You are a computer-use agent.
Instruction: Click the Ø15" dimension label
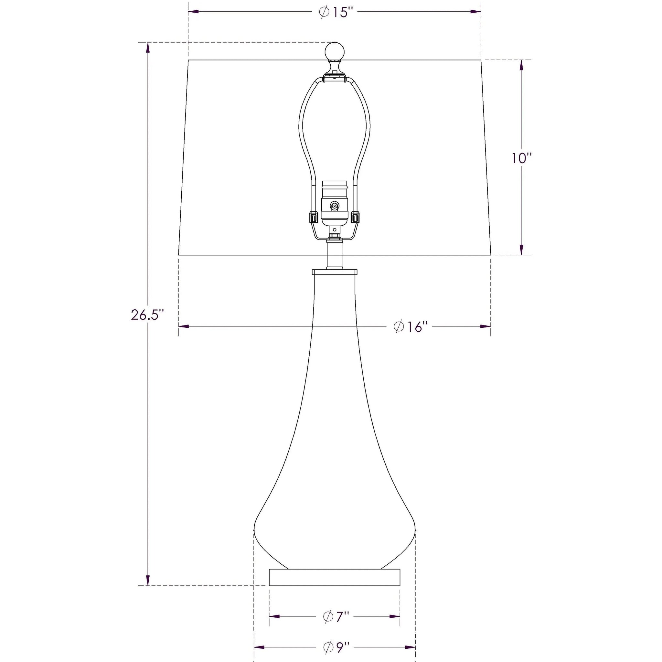(x=336, y=12)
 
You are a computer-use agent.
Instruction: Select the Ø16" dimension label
(x=411, y=326)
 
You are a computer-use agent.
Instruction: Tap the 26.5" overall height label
(x=145, y=314)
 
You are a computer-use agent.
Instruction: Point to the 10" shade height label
(x=522, y=158)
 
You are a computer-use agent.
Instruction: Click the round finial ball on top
(x=335, y=51)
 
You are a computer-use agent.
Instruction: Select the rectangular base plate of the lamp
(x=335, y=577)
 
